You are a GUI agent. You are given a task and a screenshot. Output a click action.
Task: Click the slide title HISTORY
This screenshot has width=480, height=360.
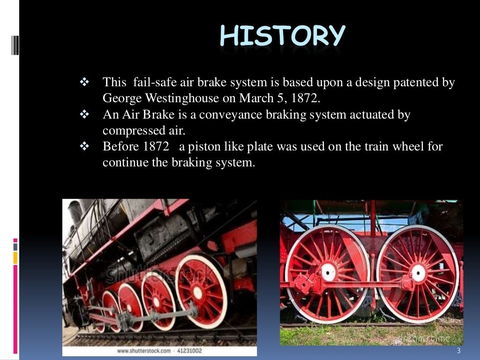[282, 36]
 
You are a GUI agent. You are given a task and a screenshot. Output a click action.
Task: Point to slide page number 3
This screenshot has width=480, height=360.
[458, 351]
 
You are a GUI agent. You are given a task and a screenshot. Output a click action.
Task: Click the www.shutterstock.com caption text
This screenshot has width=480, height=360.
[143, 351]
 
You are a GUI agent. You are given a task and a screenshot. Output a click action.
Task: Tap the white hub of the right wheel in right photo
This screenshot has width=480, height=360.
[418, 272]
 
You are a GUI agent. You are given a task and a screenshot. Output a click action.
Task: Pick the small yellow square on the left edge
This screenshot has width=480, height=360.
[15, 257]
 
